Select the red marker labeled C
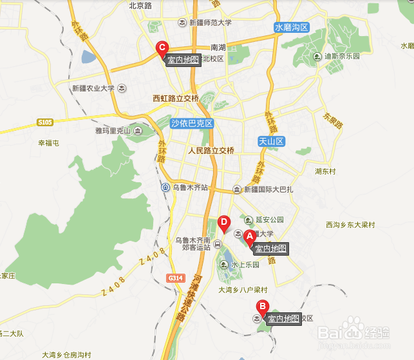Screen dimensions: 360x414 click(x=163, y=48)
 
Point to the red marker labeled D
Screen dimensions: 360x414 click(x=224, y=223)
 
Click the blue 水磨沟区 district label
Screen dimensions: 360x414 click(x=292, y=28)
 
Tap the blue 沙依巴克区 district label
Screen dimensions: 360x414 click(x=191, y=123)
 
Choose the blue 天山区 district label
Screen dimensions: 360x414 click(x=270, y=140)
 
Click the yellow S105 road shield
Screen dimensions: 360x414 click(x=44, y=121)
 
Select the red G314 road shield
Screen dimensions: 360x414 click(x=174, y=278)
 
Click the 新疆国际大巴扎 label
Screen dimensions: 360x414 click(x=267, y=190)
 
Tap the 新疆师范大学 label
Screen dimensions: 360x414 click(x=210, y=23)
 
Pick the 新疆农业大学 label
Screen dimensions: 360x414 click(x=93, y=88)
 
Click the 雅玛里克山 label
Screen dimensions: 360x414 click(x=113, y=131)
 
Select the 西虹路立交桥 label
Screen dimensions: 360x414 click(x=175, y=99)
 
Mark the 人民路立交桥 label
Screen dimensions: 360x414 click(x=211, y=151)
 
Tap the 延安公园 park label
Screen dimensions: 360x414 click(x=270, y=220)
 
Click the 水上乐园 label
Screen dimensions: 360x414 click(x=245, y=264)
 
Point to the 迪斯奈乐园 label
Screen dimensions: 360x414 click(x=344, y=56)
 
